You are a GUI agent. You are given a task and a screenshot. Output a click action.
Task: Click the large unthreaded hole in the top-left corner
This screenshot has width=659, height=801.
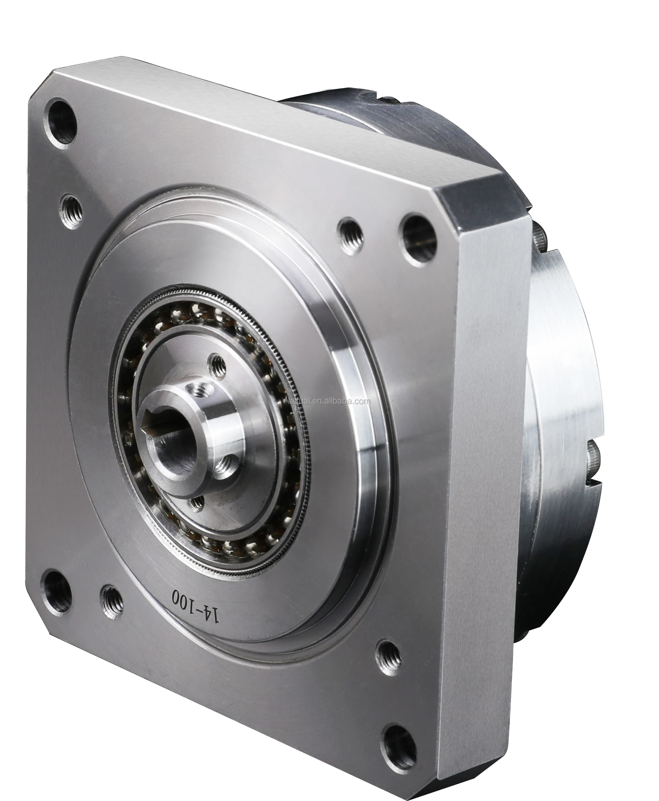pos(61,121)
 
